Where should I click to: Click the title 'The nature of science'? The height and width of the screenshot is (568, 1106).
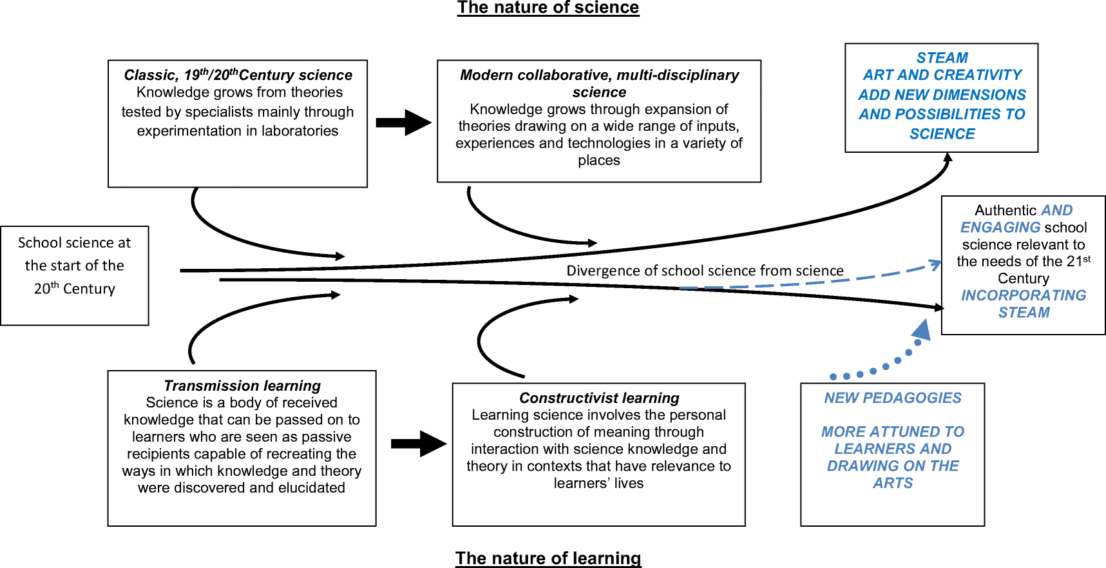[x=548, y=8]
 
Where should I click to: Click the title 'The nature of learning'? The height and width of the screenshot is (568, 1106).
[x=548, y=558]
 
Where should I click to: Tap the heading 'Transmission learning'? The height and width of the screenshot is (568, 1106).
[x=242, y=386]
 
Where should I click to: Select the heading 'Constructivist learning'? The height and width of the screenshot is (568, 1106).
[x=599, y=398]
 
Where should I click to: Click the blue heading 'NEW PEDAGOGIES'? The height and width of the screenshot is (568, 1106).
[x=893, y=398]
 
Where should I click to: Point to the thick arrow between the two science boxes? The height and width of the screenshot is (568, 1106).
[x=403, y=122]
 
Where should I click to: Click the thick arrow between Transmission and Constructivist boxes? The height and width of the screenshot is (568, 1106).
[x=419, y=444]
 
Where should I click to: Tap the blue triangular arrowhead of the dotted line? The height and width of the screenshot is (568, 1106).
[x=922, y=329]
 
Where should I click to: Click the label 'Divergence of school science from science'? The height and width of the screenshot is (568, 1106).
[x=705, y=271]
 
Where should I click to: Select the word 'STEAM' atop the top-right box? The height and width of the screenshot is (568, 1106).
[x=942, y=58]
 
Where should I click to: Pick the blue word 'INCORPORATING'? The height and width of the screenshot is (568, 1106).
[x=1024, y=295]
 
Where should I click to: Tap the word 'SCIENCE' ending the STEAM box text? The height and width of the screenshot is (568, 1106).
[x=942, y=134]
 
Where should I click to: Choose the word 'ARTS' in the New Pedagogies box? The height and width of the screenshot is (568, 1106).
[x=893, y=483]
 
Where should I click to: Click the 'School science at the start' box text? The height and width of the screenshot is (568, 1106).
[x=75, y=266]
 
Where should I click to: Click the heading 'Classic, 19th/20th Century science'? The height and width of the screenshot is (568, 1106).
[x=238, y=75]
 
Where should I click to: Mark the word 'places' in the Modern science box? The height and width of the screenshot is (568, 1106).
[x=599, y=161]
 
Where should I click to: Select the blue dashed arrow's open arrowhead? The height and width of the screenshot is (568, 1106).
[x=936, y=264]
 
